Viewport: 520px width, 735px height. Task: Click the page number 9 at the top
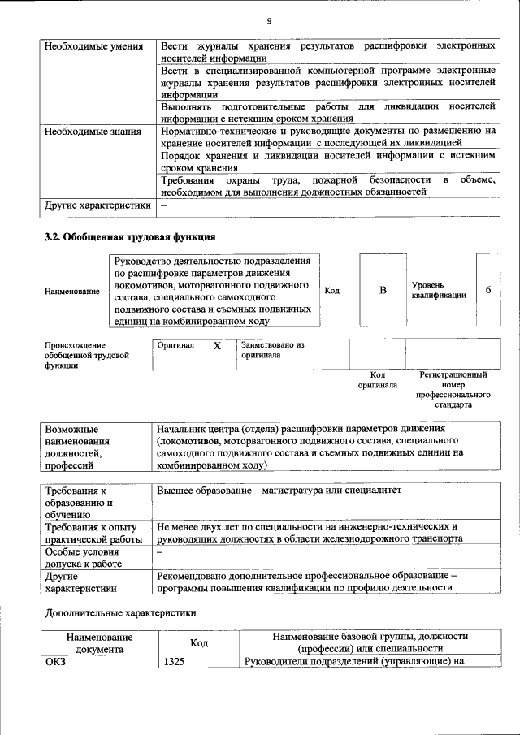[268, 20]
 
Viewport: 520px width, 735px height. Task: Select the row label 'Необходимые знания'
[93, 131]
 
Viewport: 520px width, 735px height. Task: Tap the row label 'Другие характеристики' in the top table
[97, 205]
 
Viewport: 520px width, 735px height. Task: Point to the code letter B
[383, 290]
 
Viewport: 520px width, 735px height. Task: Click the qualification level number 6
[487, 290]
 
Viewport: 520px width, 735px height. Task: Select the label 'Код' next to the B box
[331, 290]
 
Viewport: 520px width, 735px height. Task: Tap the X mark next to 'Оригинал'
[217, 345]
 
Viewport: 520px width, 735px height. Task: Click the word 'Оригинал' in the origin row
[175, 345]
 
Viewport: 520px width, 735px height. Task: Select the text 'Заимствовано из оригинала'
[271, 350]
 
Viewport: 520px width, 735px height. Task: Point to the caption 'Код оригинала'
[377, 380]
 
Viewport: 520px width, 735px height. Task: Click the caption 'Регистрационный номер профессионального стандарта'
[453, 390]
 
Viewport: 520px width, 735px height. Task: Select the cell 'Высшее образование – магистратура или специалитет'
[280, 491]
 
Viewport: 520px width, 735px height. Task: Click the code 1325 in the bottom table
[175, 662]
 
